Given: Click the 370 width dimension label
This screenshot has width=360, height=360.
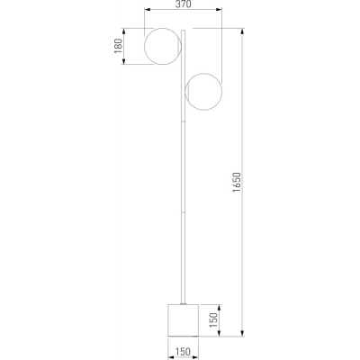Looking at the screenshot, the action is [x=183, y=4].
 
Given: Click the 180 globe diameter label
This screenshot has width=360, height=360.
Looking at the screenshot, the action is [x=119, y=46].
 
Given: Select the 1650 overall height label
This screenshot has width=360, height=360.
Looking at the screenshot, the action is [x=237, y=183].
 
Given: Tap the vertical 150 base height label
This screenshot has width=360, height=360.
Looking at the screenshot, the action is [x=213, y=320].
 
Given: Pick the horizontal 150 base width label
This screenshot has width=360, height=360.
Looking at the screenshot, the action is [x=183, y=352].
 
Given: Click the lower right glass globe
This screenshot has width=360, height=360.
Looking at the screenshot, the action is [x=221, y=91].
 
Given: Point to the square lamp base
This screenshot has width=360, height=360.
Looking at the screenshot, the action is [x=183, y=320].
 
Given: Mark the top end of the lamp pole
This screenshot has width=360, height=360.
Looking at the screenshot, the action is [x=183, y=30].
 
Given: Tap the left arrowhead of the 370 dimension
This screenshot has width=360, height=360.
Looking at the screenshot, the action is [x=147, y=10].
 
